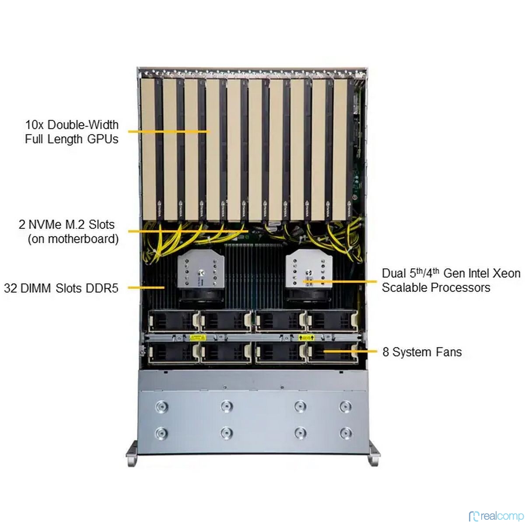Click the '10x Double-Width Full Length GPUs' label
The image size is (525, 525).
coord(72,132)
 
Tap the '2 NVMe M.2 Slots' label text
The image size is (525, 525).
coord(66,224)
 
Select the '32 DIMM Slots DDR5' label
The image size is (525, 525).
coord(61,288)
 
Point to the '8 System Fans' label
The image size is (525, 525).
coord(422,352)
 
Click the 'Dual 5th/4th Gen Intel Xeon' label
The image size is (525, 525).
coord(451,273)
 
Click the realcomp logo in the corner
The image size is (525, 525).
coord(496,516)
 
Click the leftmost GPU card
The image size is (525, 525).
coord(152,149)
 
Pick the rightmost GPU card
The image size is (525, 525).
coord(343,149)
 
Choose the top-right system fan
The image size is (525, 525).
coord(332,321)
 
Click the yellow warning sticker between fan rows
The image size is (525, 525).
coord(198,338)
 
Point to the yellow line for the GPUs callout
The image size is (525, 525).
coord(169,132)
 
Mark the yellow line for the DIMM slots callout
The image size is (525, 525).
coord(146,287)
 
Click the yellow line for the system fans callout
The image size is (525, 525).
coord(350,351)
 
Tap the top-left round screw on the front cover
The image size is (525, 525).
coord(161,407)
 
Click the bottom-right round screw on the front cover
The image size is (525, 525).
coord(345,433)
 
